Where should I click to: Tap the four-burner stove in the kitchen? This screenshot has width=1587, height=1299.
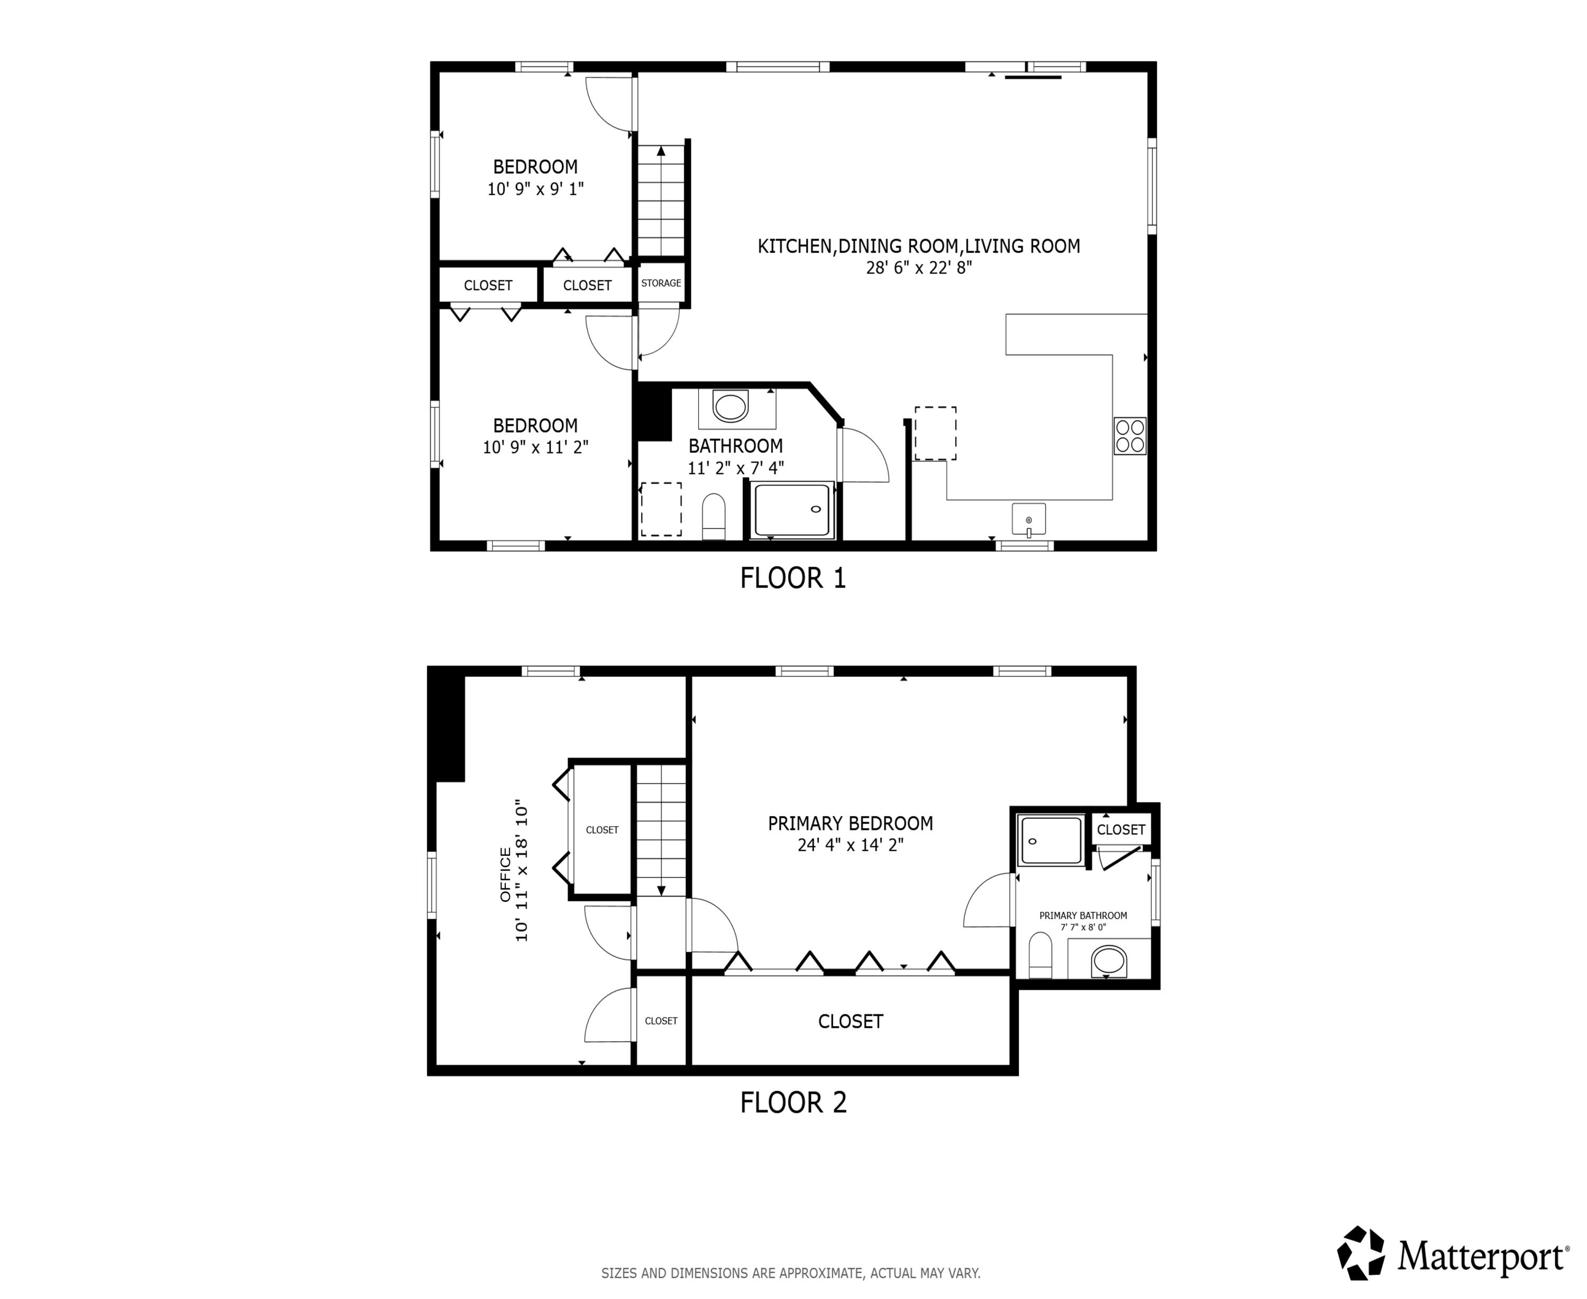pos(1129,436)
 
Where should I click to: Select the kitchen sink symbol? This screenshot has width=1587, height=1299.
pos(1028,519)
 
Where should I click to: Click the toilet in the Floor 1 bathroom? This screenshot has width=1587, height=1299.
pos(714,517)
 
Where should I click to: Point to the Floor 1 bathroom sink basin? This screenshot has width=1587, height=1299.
pos(731,407)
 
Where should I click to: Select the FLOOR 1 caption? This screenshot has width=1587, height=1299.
pos(793,578)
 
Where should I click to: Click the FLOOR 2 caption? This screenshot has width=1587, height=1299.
pos(793,1103)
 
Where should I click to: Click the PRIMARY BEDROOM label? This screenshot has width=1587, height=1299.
pos(851,824)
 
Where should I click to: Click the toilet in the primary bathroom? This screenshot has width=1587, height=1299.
pos(1041,955)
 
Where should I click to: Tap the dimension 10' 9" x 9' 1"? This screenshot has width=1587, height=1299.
pos(535,189)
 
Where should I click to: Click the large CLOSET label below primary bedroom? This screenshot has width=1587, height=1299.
pos(851,1021)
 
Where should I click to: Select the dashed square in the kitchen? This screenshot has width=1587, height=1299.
pos(935,433)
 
